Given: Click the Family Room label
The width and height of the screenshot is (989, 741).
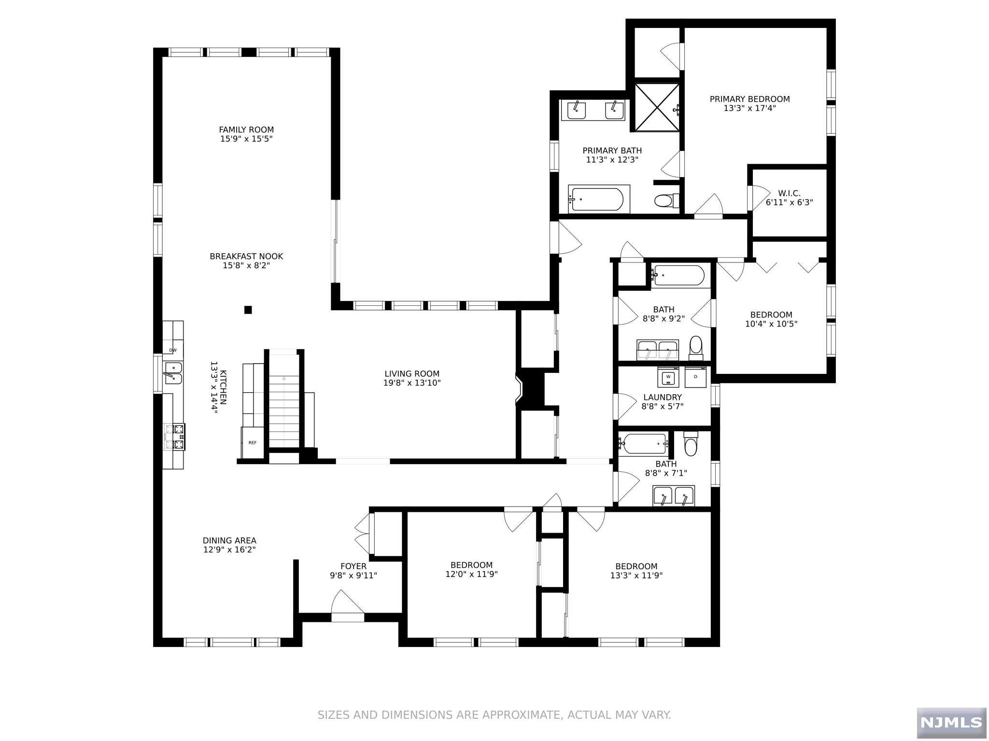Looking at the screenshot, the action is [246, 130].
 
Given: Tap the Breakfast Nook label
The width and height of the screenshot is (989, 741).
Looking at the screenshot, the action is [246, 257].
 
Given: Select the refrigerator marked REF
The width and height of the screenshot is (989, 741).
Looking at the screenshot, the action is [253, 442].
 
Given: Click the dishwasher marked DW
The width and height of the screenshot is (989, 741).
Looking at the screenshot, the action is [173, 350].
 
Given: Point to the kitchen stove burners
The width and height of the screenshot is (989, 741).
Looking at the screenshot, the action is [174, 437].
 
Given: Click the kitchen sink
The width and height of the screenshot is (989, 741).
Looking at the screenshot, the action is [173, 373].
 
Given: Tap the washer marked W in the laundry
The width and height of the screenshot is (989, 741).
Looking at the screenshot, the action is [668, 377].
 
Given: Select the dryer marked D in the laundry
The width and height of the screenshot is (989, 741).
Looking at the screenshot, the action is [696, 377].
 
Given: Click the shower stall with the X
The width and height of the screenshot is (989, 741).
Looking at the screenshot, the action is [657, 107].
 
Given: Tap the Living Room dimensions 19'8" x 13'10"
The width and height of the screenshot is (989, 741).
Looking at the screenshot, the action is [412, 383].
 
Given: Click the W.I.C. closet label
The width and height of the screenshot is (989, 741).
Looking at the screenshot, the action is [789, 193].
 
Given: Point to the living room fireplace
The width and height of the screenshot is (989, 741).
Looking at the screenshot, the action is [530, 387].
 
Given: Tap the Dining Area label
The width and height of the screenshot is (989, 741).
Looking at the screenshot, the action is [229, 541].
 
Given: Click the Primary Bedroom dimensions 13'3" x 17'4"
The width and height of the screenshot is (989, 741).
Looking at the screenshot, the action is [749, 109].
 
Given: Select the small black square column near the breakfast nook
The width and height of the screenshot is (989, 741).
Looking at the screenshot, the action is [248, 310].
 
